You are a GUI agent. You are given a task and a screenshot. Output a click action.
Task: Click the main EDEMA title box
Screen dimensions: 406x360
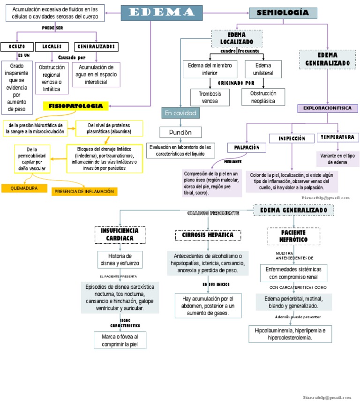pos(161,13)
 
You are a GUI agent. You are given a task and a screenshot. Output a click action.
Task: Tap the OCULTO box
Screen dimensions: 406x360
pos(17,47)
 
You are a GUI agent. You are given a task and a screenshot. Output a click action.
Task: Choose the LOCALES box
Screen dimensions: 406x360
pos(52,47)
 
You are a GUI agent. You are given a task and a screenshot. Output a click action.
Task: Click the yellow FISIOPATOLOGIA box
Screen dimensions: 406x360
pos(75,106)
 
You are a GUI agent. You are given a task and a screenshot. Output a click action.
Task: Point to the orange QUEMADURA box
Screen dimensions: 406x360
pos(24,188)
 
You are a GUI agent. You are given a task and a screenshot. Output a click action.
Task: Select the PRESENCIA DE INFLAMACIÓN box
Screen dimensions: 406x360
pos(84,191)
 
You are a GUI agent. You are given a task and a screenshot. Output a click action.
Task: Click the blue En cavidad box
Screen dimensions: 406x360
pos(181,113)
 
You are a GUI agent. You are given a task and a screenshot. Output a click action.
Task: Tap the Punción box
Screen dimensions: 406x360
pos(181,132)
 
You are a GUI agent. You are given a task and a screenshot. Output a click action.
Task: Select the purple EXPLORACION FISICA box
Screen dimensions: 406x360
pos(327,108)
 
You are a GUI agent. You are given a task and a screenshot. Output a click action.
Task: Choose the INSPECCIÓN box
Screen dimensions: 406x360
pos(292,138)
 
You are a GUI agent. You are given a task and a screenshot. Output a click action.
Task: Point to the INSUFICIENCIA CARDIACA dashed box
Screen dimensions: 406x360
pos(120,234)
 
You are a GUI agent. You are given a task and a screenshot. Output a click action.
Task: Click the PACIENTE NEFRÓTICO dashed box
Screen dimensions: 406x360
pos(294,236)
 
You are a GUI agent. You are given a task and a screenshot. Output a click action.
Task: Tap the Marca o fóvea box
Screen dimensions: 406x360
pos(120,340)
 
